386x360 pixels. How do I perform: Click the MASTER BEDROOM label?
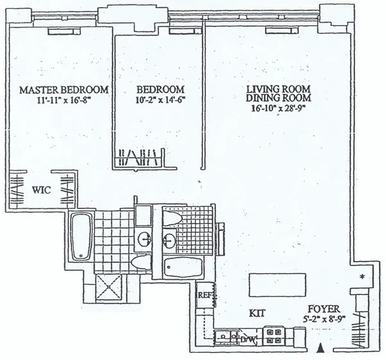tap(64, 89)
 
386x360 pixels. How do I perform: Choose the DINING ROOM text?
tap(278, 98)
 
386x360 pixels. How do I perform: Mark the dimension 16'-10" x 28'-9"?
tap(278, 108)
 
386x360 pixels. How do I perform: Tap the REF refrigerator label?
tap(205, 296)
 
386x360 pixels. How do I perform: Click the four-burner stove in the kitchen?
tap(275, 334)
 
